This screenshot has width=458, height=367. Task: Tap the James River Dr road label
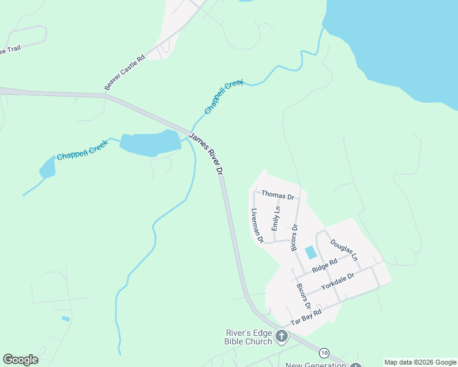click(x=206, y=155)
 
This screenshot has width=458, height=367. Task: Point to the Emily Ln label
click(x=276, y=218)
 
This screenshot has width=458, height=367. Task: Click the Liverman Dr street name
click(x=257, y=226)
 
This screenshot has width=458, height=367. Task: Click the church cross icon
click(x=281, y=335)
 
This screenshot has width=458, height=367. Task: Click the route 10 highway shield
click(x=323, y=352)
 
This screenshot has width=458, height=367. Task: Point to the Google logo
click(x=20, y=360)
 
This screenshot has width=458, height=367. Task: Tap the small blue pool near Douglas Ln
click(x=311, y=251)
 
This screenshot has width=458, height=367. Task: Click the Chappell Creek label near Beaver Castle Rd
click(x=224, y=97)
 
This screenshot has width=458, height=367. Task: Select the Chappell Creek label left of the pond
click(x=82, y=150)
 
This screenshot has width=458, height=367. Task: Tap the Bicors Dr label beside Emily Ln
click(x=294, y=237)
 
